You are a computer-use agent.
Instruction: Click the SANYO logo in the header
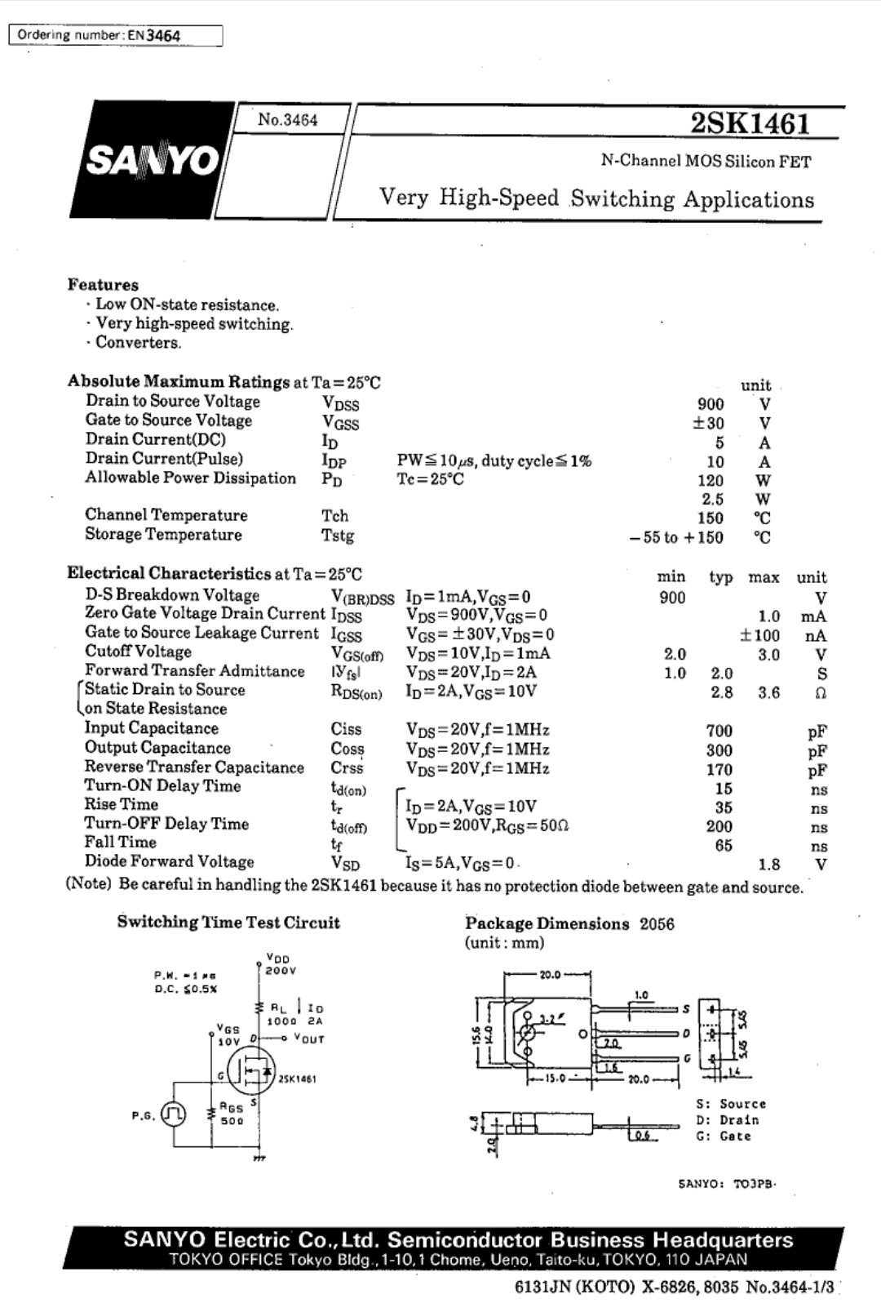[152, 161]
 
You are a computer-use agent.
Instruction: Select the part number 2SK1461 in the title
[750, 123]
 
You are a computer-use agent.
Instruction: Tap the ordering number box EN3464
[115, 35]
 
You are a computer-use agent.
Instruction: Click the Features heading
[103, 285]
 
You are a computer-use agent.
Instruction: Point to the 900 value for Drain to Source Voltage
[711, 404]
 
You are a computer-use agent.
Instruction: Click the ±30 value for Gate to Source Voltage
[708, 423]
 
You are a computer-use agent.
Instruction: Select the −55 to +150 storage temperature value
[676, 537]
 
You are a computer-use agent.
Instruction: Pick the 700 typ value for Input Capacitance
[719, 731]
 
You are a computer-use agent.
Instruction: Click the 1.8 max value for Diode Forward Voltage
[769, 865]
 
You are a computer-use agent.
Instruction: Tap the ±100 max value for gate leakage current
[759, 635]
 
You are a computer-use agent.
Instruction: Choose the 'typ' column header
[721, 577]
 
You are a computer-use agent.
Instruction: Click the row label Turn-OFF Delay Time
[166, 823]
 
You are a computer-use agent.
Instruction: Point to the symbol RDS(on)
[356, 693]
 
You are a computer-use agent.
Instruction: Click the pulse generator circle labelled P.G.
[173, 1114]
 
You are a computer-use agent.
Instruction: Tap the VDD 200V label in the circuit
[280, 965]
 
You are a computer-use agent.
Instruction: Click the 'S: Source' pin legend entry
[731, 1104]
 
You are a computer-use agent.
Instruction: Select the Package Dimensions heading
[547, 923]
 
